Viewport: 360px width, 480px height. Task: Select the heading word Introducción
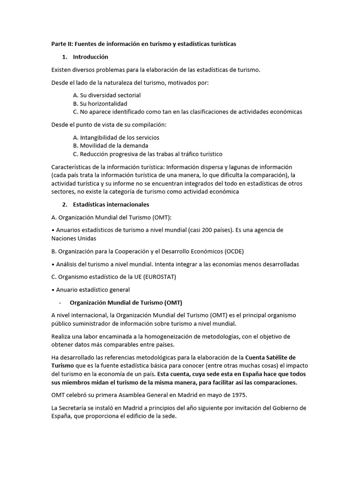pos(90,57)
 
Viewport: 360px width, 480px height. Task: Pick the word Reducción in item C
pos(95,154)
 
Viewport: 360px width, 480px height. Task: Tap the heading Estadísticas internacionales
pos(111,204)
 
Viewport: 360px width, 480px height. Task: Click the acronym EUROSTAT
pos(159,277)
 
